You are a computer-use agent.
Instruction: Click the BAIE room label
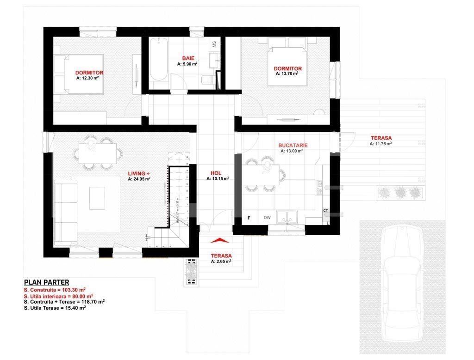(188, 58)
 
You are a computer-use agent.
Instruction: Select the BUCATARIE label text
(293, 145)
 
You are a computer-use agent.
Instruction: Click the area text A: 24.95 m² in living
(139, 179)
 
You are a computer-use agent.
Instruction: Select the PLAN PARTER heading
(46, 282)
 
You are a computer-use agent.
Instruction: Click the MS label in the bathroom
(214, 45)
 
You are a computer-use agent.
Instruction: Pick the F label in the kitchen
(249, 218)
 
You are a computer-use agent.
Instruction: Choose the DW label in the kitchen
(267, 218)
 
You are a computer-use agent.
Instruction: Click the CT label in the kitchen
(325, 211)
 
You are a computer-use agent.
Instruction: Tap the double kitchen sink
(288, 216)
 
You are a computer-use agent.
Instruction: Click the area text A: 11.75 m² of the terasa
(380, 144)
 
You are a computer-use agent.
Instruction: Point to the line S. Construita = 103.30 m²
(54, 290)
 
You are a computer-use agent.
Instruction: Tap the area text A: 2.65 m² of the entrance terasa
(221, 261)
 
